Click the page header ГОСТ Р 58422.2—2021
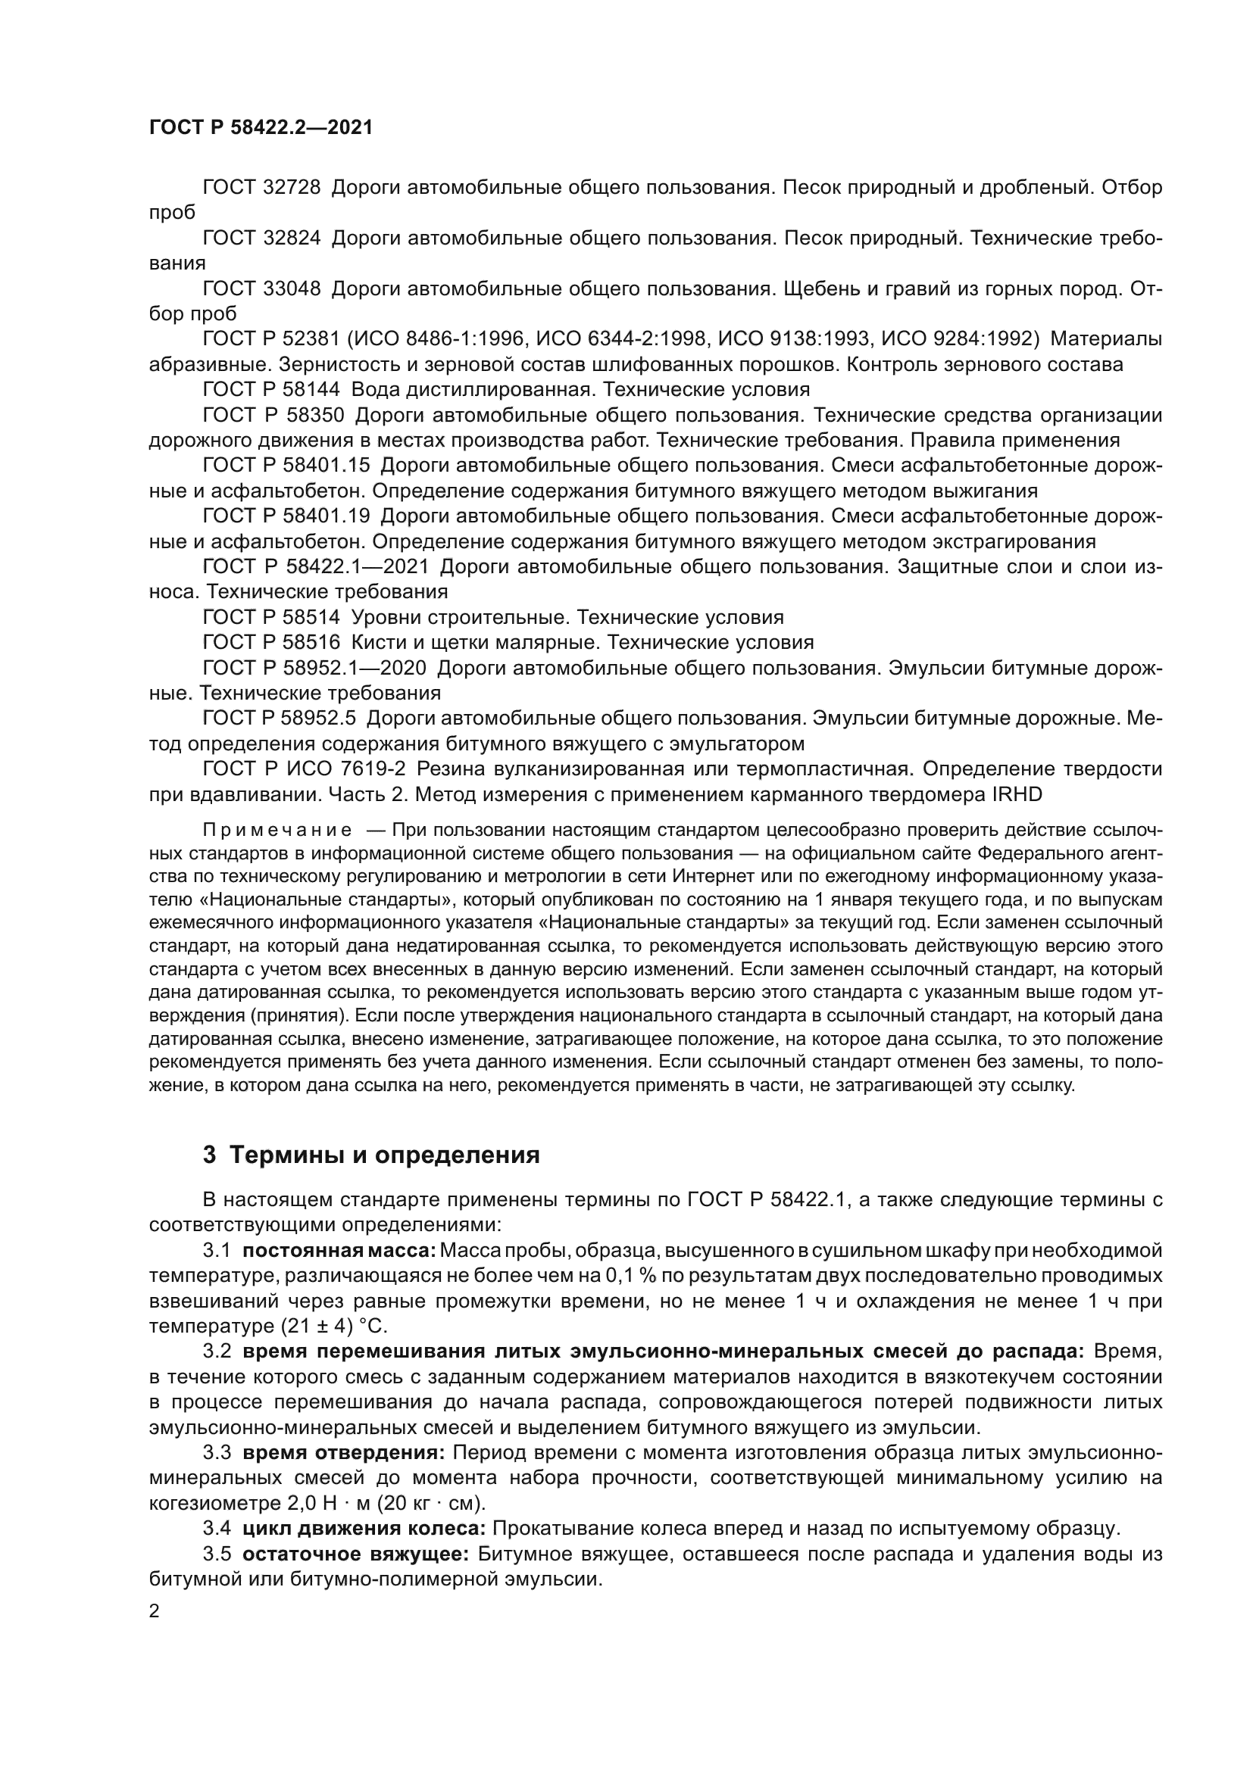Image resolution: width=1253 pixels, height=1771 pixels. pos(261,128)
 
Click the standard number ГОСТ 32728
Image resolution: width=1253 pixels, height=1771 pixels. pos(261,188)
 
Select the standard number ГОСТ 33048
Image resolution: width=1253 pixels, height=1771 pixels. pos(261,288)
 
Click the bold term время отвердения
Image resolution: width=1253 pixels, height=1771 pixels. pos(343,1453)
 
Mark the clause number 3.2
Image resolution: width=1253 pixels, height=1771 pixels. pos(217,1352)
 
